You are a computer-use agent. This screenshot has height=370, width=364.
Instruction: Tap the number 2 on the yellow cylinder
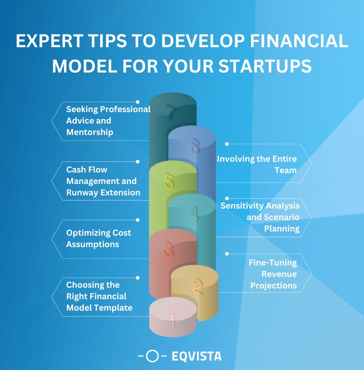[x=198, y=286]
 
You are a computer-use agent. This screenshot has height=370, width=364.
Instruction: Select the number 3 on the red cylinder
[x=168, y=250]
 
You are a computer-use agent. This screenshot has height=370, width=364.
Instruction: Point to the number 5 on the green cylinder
[x=169, y=181]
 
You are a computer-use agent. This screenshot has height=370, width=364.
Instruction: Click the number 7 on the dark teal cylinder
[x=172, y=112]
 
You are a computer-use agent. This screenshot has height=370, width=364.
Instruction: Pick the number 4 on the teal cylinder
[x=195, y=214]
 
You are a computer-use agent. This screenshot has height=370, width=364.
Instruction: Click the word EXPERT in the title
[x=49, y=41]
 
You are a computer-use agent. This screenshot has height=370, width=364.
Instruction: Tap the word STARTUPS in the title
[x=265, y=66]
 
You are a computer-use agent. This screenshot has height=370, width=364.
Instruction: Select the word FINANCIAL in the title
[x=299, y=41]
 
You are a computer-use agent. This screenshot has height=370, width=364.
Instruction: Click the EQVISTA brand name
[x=196, y=356]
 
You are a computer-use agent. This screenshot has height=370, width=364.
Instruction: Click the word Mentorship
[x=90, y=132]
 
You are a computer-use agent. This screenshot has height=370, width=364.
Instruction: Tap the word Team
[x=286, y=170]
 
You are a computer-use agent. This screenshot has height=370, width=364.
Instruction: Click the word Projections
[x=274, y=286]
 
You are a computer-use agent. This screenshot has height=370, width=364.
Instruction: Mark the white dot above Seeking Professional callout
[x=138, y=102]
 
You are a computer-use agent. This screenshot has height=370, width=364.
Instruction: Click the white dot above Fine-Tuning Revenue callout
[x=227, y=254]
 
